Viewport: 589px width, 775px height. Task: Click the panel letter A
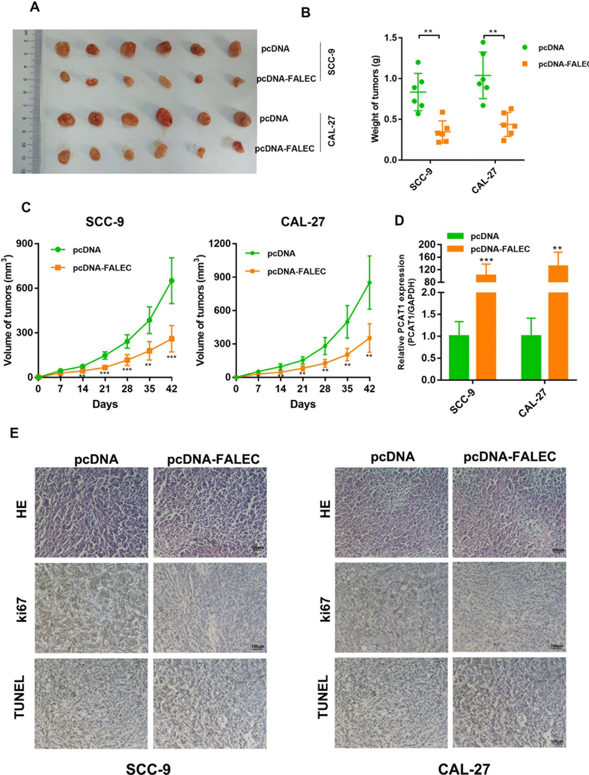click(34, 7)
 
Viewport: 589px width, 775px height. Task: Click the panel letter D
click(400, 220)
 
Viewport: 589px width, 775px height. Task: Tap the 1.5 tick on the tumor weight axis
click(391, 38)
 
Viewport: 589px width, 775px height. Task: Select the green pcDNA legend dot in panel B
click(525, 48)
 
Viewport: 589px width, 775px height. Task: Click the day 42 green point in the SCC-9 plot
click(171, 281)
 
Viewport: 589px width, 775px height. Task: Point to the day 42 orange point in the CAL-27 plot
click(369, 338)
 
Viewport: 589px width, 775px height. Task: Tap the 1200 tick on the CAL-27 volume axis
click(219, 244)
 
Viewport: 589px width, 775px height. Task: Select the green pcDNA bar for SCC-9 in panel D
click(458, 357)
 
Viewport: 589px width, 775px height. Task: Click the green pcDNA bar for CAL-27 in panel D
click(531, 357)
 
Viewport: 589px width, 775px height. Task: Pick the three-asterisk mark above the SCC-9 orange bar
click(486, 260)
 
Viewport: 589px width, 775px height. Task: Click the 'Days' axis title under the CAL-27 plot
click(303, 404)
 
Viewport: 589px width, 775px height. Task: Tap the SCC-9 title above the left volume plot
click(105, 222)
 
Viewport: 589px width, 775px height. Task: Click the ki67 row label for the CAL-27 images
click(324, 610)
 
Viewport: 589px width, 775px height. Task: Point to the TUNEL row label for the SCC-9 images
click(20, 697)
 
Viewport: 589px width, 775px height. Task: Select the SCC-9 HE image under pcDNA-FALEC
click(210, 512)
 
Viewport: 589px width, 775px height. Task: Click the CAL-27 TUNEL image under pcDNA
click(391, 703)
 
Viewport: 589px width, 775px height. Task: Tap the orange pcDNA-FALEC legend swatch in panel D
click(455, 249)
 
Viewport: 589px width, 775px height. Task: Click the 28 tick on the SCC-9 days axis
click(127, 389)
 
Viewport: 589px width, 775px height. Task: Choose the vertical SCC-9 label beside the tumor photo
click(331, 62)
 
